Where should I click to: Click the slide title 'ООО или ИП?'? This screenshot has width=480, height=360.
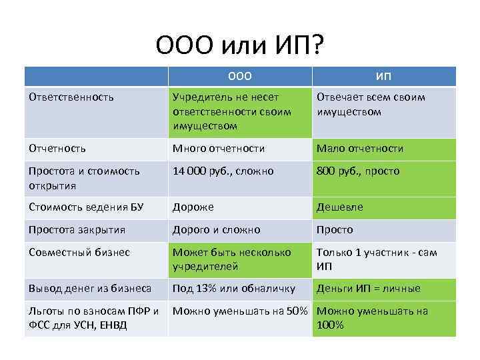[239, 46]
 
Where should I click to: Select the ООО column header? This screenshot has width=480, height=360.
[239, 77]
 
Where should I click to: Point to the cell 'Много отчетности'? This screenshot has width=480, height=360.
[219, 149]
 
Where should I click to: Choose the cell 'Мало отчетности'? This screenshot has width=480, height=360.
[360, 149]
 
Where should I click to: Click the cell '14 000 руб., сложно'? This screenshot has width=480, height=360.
[223, 171]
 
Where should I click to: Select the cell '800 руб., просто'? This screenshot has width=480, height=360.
[358, 171]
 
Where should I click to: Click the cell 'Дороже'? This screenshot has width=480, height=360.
[193, 207]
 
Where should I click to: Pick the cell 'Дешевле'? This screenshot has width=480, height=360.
[340, 207]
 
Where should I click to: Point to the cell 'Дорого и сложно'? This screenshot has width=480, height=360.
[217, 230]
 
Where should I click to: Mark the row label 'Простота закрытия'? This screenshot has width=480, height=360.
[77, 230]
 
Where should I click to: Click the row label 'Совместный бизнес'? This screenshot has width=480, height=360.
[79, 253]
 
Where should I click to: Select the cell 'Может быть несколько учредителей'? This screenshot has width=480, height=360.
[232, 259]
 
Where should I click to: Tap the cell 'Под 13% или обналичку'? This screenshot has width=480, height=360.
[233, 289]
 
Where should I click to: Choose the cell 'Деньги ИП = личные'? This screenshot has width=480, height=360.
[369, 289]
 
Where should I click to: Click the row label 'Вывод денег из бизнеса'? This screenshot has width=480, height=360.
[90, 289]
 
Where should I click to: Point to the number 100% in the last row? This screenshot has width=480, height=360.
[331, 325]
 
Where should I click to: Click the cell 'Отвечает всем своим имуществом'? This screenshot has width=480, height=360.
[371, 105]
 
